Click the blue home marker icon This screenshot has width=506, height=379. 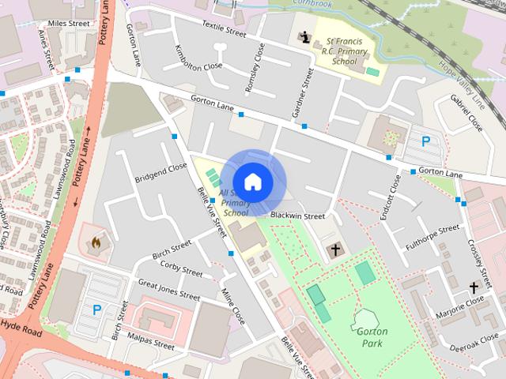pyautogui.click(x=252, y=182)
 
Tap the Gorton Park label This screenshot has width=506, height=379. pyautogui.click(x=370, y=337)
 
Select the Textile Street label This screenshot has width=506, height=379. pyautogui.click(x=225, y=29)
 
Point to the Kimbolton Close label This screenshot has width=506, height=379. pyautogui.click(x=198, y=57)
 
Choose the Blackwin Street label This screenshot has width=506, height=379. pyautogui.click(x=297, y=216)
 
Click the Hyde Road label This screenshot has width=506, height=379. pyautogui.click(x=21, y=326)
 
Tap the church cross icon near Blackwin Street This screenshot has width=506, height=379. pyautogui.click(x=334, y=250)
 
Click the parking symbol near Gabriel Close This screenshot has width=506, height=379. pyautogui.click(x=425, y=142)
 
